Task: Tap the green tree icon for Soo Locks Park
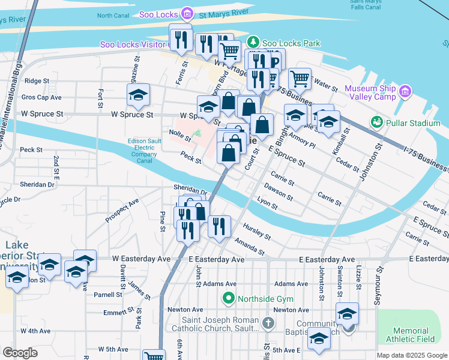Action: click(x=253, y=42)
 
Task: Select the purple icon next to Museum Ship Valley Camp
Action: click(x=405, y=92)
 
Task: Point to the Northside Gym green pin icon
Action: click(x=228, y=297)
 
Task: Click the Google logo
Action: click(x=20, y=352)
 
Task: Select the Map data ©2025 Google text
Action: click(x=411, y=355)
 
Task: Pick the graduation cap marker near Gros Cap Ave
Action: click(x=138, y=95)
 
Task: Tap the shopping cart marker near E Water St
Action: click(x=300, y=78)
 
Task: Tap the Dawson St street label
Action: click(x=278, y=192)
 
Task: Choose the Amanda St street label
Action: click(x=250, y=245)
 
